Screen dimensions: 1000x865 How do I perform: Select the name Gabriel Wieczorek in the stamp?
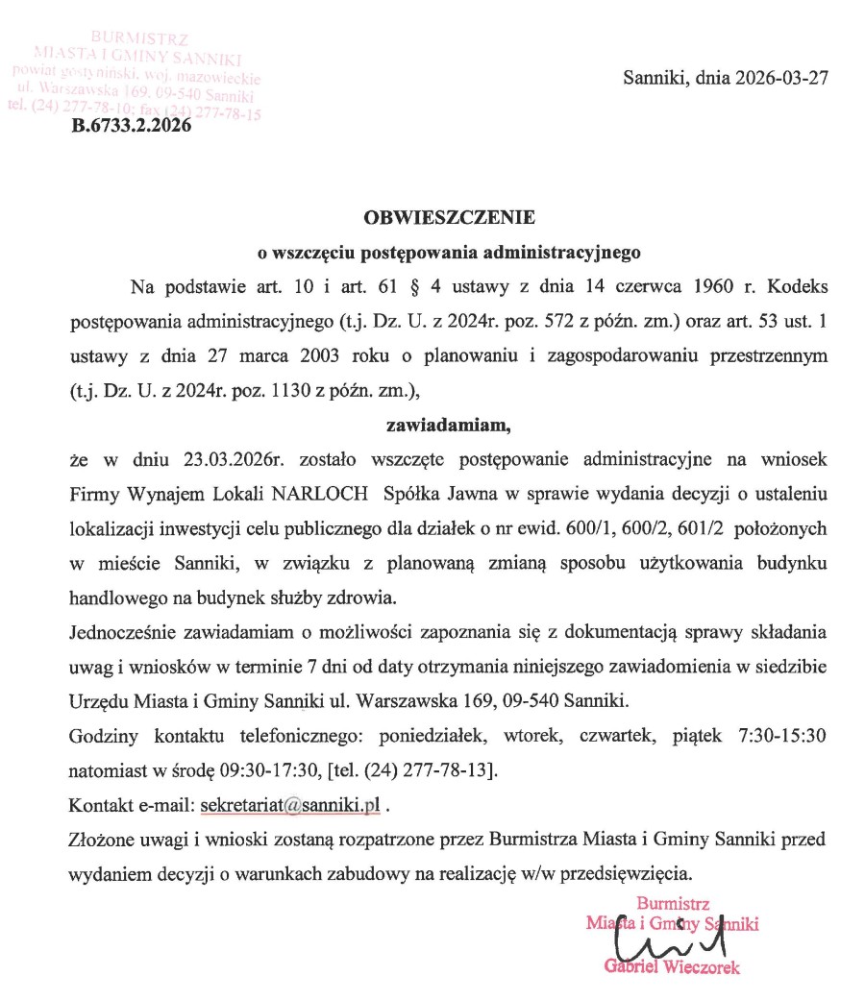click(x=672, y=967)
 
